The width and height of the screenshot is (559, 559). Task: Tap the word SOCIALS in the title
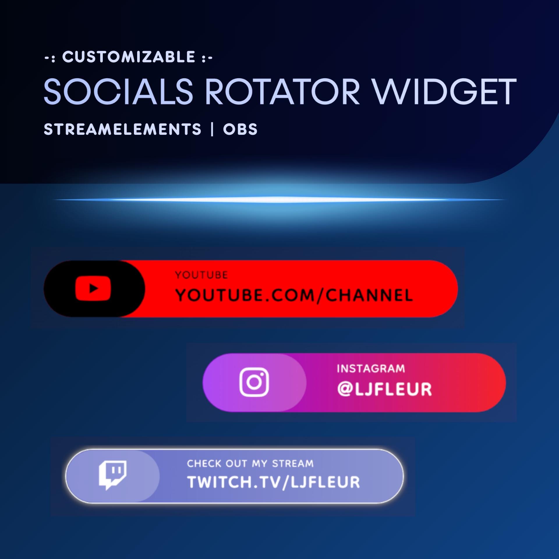pos(118,91)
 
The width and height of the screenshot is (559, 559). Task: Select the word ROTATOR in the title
pos(283,91)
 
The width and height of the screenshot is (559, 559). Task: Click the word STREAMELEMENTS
pos(122,129)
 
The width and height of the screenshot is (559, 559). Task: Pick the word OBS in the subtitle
pos(240,129)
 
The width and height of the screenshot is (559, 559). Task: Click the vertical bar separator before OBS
pos(212,129)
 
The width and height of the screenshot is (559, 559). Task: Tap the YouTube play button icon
pos(93,289)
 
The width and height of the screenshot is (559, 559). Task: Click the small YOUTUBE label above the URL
pos(201,275)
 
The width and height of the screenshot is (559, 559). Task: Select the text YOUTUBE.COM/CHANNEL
pos(294,296)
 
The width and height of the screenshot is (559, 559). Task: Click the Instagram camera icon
pos(254,382)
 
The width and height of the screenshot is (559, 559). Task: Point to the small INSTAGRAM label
pos(371,369)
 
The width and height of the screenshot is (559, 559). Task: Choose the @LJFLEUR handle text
pos(384,389)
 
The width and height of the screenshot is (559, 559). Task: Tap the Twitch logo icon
pos(113,475)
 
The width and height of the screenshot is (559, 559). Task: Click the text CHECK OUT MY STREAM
pos(250,463)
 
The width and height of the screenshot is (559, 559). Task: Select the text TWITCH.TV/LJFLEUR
pos(273,482)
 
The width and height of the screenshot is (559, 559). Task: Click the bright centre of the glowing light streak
pos(279,200)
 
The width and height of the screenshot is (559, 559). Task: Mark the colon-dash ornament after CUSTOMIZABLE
pos(207,58)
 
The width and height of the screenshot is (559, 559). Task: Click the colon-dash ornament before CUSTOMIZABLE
pos(50,58)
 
